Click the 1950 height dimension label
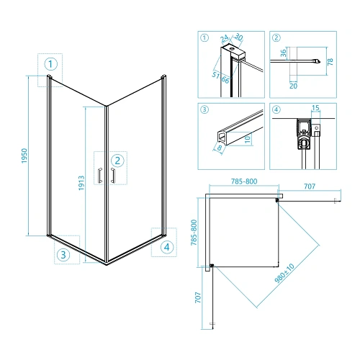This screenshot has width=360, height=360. pos(24,156)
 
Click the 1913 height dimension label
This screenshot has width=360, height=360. pos(81,183)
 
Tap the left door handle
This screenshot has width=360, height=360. pos(100,176)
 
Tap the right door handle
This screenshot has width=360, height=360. pos(112,176)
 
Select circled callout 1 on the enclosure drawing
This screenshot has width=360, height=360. pos(50,64)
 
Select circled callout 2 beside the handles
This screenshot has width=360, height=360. pos(117,161)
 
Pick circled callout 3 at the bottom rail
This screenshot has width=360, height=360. pos(63,255)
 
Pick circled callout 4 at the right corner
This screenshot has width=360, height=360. pos(167,247)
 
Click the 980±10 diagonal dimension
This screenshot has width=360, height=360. pos(284,273)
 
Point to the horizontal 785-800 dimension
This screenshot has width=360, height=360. pos(244,181)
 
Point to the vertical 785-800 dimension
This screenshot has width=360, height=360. pos(194,233)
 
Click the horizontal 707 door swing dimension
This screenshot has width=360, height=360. pos(310,186)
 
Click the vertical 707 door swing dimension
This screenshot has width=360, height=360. pos(198,297)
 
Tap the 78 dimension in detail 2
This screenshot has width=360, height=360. pos(330,61)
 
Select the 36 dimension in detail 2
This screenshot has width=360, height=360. pos(284,53)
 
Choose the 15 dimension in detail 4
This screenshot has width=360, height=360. pos(315,107)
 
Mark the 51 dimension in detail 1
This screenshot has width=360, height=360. pos(216,75)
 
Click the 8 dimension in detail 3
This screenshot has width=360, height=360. pos(220,148)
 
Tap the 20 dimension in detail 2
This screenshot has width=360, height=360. pos(293,86)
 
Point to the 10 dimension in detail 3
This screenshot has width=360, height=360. pos(248,139)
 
